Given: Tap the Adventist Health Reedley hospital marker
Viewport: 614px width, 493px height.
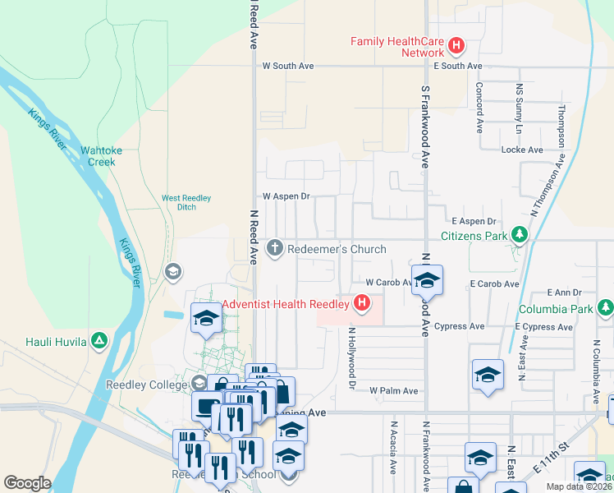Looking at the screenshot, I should [x=361, y=305].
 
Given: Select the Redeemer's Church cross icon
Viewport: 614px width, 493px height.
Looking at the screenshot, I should [x=275, y=248].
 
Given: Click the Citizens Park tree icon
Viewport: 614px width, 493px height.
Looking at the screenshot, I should [x=519, y=236].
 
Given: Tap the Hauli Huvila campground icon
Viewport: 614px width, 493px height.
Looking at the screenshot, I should [x=99, y=339].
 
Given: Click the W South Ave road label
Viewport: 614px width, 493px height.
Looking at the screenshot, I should [x=288, y=66].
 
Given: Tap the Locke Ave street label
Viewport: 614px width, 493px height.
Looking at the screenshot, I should [x=522, y=150].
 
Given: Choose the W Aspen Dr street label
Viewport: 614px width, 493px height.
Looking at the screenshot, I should [x=286, y=197].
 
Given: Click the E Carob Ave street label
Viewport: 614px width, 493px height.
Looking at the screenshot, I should [x=494, y=283].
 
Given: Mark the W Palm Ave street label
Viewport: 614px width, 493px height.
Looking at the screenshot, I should [x=394, y=390].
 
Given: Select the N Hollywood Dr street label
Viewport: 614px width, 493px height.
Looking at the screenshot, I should [x=352, y=358].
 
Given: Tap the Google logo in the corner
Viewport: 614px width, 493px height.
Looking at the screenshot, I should [x=28, y=482].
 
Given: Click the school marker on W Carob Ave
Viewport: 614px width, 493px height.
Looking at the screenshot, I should [x=427, y=282].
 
